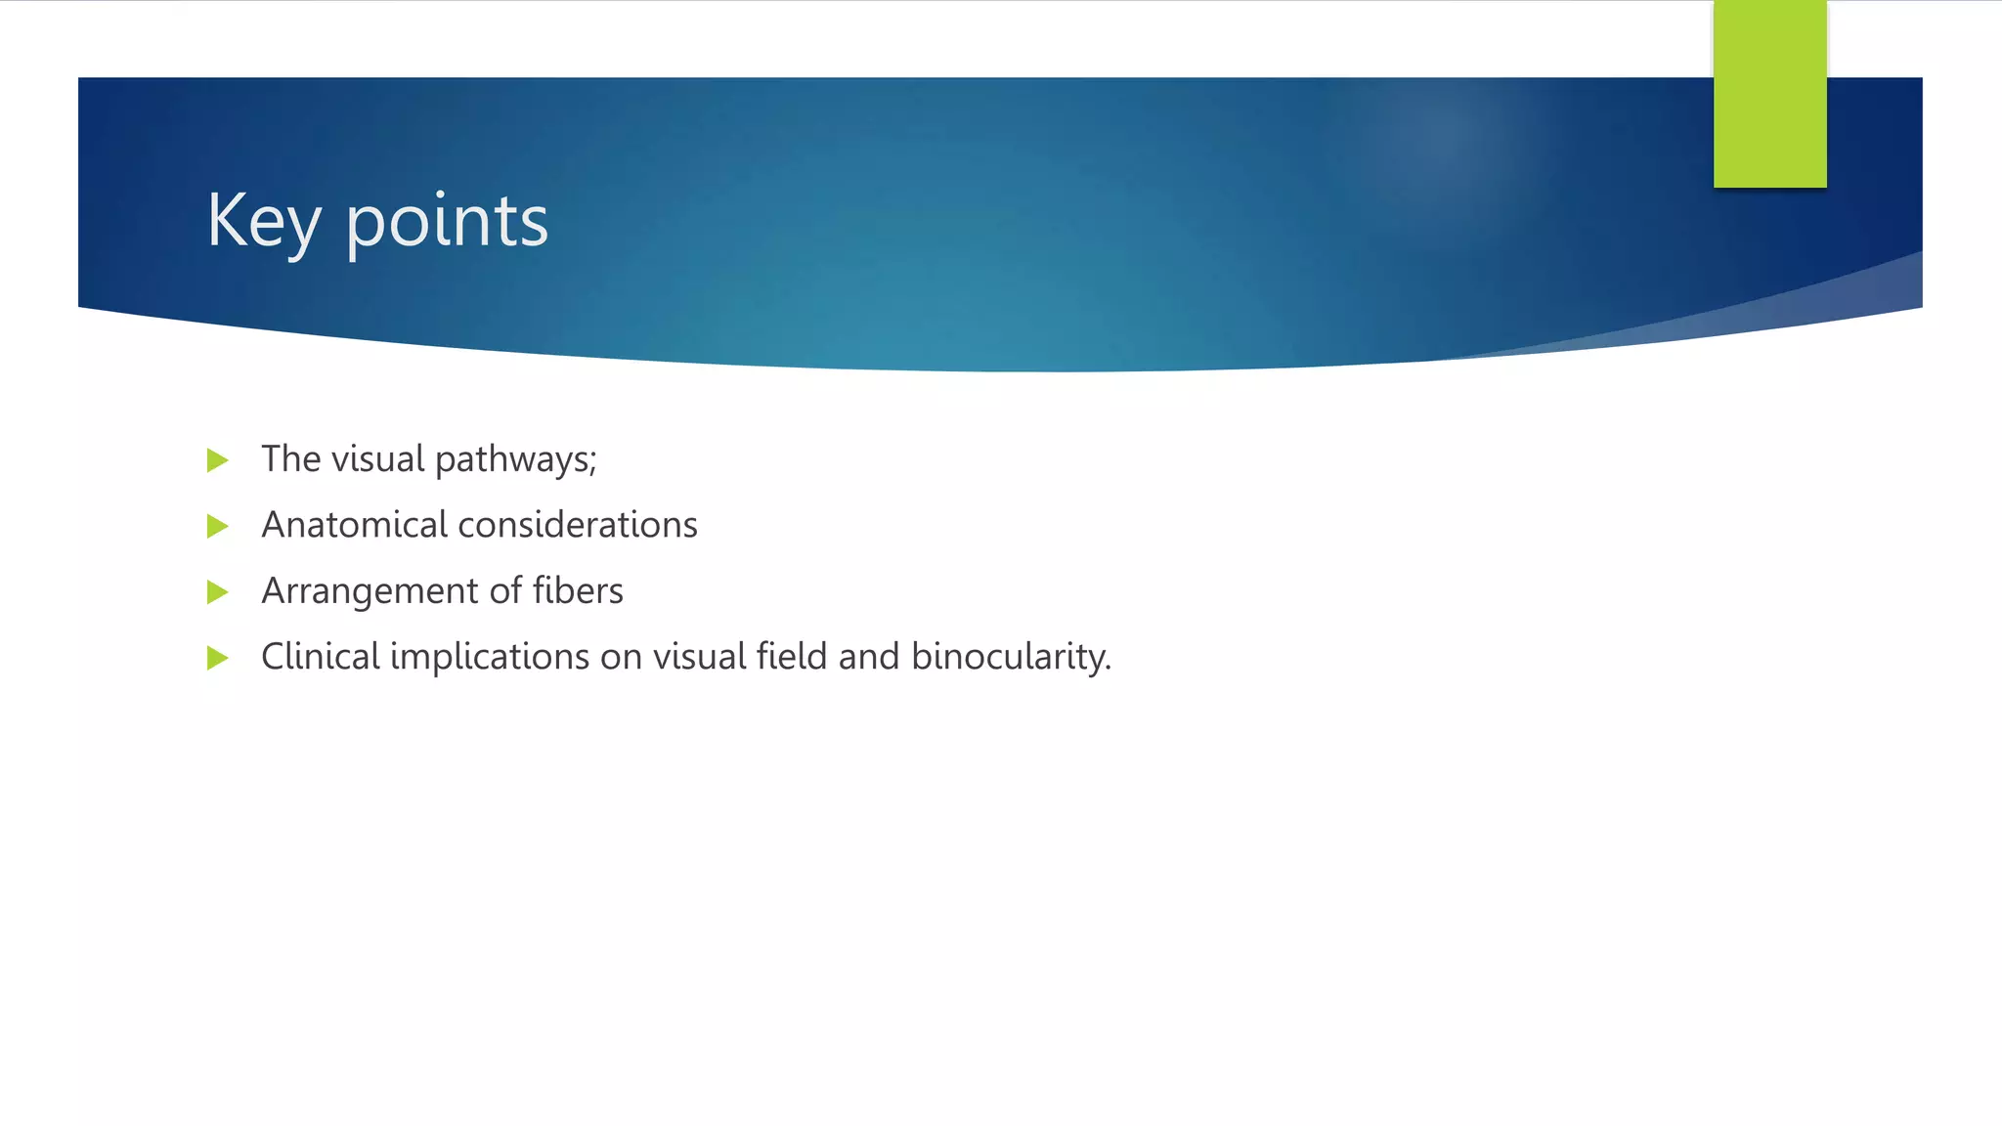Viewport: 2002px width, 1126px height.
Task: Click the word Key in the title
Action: pyautogui.click(x=263, y=221)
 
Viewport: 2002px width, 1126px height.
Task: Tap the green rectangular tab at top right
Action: pyautogui.click(x=1769, y=94)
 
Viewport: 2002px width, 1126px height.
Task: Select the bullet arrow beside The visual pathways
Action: pyautogui.click(x=218, y=460)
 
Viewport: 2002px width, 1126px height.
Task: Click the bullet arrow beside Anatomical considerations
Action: pyautogui.click(x=218, y=527)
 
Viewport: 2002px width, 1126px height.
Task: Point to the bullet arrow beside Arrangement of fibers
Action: pyautogui.click(x=218, y=592)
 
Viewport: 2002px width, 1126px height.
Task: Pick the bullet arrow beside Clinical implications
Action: pyautogui.click(x=218, y=658)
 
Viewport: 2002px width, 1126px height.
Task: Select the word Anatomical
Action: pyautogui.click(x=354, y=525)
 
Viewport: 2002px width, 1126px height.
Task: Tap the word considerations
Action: pyautogui.click(x=578, y=525)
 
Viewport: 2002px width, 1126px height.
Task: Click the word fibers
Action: pyautogui.click(x=578, y=590)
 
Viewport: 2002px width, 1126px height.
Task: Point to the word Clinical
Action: pyautogui.click(x=320, y=656)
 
